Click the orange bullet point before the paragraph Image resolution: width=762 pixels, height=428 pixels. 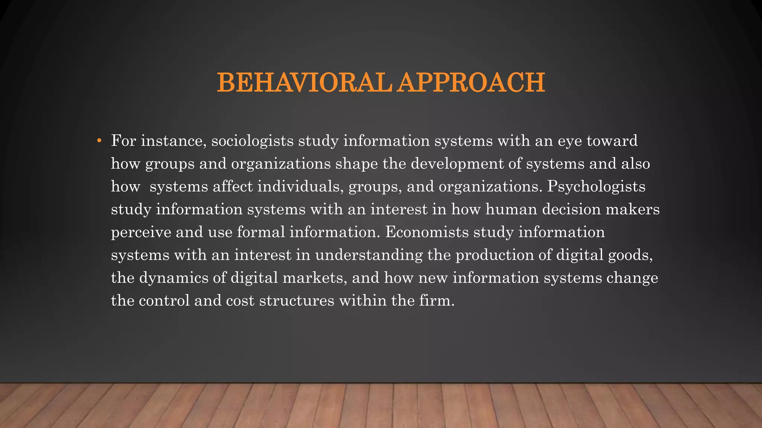(x=99, y=141)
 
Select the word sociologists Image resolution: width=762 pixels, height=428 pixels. (x=252, y=141)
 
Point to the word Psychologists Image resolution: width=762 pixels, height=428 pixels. (x=596, y=187)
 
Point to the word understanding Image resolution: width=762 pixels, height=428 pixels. (x=369, y=255)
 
